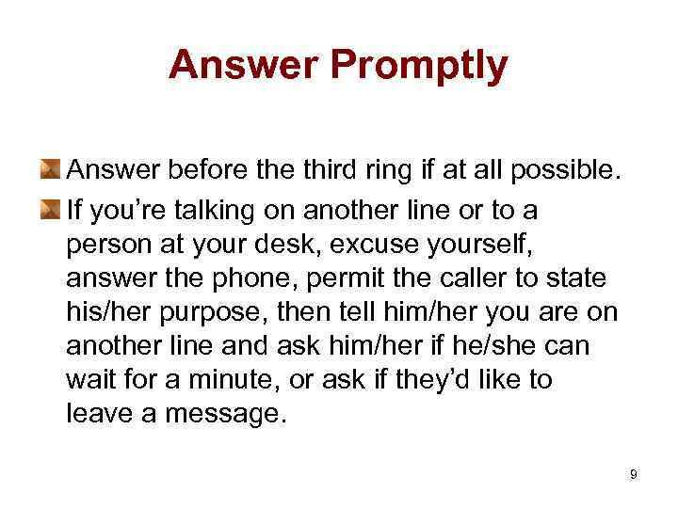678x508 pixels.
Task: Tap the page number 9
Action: tap(634, 474)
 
